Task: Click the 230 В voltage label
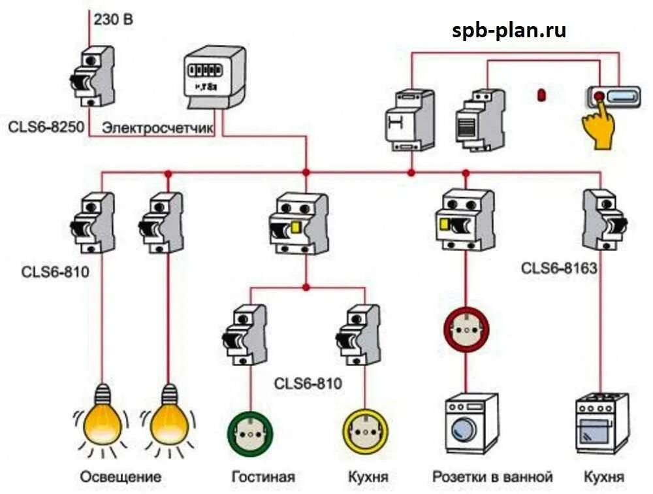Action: pyautogui.click(x=114, y=19)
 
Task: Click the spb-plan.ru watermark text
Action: pyautogui.click(x=509, y=30)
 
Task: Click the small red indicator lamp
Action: pyautogui.click(x=541, y=95)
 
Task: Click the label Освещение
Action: pyautogui.click(x=121, y=476)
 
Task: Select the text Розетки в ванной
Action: pyautogui.click(x=492, y=476)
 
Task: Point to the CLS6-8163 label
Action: pyautogui.click(x=559, y=267)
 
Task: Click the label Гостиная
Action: pyautogui.click(x=263, y=476)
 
